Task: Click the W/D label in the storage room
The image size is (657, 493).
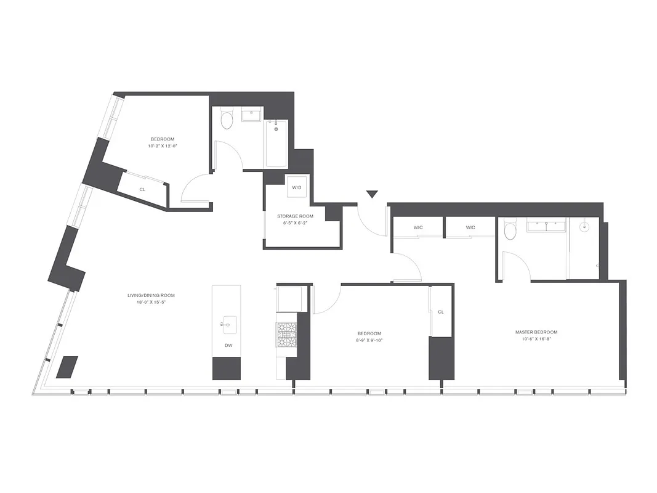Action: click(297, 187)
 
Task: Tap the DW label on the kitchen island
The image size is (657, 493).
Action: click(228, 345)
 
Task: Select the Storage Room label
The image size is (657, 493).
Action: click(295, 216)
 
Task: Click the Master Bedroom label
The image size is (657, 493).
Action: click(536, 332)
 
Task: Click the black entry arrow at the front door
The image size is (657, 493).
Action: click(371, 195)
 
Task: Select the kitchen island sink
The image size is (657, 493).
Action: click(228, 322)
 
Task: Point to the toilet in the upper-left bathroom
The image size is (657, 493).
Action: click(227, 120)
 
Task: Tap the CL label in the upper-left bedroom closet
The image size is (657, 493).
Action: click(142, 189)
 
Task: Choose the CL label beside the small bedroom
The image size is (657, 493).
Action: click(440, 312)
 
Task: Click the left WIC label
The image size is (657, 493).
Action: click(418, 227)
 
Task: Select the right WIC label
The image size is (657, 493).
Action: click(470, 227)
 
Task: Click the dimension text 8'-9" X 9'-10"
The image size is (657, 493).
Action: click(369, 340)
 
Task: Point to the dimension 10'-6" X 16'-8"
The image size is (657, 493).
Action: click(536, 339)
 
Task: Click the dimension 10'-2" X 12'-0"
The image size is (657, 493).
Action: click(166, 146)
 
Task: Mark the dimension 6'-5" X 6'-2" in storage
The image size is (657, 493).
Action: click(295, 223)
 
